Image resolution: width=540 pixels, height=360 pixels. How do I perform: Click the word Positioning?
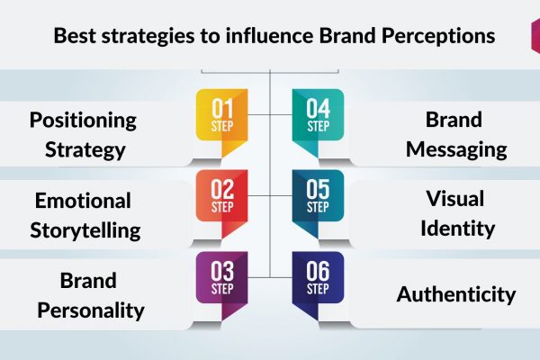83,121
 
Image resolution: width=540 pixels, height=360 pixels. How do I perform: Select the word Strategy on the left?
85,150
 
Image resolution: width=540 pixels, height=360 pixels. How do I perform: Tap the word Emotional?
83,201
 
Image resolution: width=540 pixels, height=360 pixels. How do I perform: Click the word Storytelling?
85,230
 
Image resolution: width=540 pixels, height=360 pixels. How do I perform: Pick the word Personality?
91,311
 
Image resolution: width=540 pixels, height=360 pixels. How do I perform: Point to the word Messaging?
456,150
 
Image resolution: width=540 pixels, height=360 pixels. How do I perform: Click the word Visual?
454,198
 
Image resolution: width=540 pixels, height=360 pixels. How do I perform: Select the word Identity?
458,228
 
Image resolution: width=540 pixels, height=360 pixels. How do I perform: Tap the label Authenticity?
456,294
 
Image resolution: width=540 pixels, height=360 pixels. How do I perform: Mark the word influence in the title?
269,35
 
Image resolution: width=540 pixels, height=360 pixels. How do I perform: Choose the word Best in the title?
75,35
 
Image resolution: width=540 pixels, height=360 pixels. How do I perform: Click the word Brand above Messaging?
454,120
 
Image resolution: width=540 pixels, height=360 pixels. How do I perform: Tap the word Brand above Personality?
88,281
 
